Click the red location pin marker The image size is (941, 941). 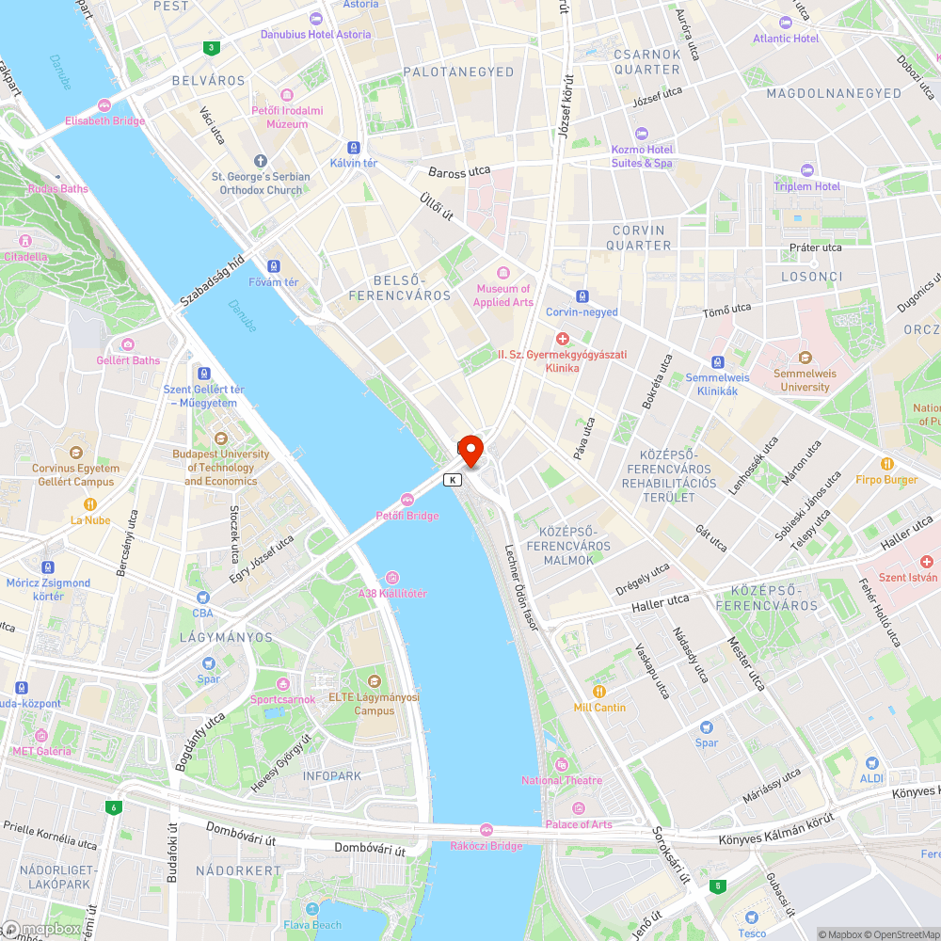[x=470, y=449]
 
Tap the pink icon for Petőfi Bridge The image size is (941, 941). [x=407, y=499]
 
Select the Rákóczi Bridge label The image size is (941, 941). [x=486, y=846]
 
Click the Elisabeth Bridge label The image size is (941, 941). [x=104, y=120]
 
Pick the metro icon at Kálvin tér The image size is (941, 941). [x=353, y=148]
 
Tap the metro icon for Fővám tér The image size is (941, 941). [x=273, y=266]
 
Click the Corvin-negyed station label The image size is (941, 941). [x=582, y=311]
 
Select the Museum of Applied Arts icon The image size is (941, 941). [x=503, y=273]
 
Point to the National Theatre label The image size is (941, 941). [x=562, y=780]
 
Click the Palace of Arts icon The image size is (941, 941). [x=578, y=808]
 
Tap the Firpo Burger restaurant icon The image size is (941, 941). [x=886, y=464]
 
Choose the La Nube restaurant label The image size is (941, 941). [x=90, y=519]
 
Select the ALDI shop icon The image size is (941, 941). [x=871, y=762]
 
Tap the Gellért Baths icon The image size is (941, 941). [x=128, y=344]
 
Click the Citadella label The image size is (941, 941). [x=25, y=256]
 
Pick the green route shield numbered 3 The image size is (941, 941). [x=212, y=48]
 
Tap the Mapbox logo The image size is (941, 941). [x=42, y=928]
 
